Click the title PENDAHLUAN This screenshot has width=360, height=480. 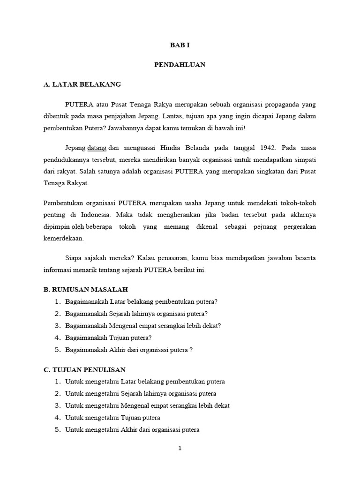(180, 65)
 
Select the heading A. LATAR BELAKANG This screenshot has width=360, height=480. (82, 84)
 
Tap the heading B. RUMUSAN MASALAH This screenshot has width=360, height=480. (85, 290)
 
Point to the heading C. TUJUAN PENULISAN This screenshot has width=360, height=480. (84, 370)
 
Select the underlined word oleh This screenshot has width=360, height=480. (77, 227)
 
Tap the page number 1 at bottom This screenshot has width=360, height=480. (180, 448)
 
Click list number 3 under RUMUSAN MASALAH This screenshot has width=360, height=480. (58, 325)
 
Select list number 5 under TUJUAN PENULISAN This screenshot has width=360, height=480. (58, 429)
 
